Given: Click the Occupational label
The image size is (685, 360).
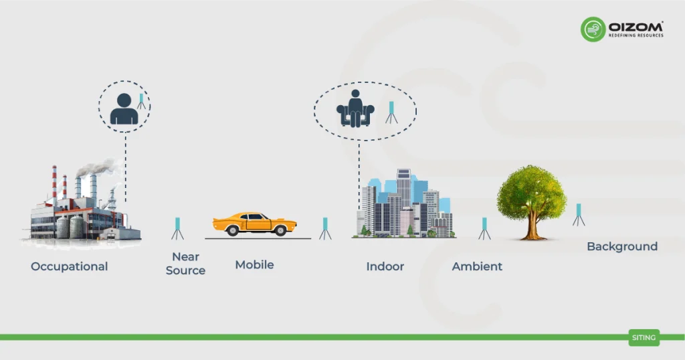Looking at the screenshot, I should click(x=69, y=266).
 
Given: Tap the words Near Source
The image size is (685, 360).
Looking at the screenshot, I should click(x=185, y=264).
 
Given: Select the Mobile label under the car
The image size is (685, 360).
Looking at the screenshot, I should click(x=254, y=265).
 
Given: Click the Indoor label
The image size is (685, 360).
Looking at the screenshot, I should click(x=385, y=266).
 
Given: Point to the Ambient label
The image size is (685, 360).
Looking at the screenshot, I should click(x=477, y=266).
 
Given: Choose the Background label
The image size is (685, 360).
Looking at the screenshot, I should click(x=622, y=246).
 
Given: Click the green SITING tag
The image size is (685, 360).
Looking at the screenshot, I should click(x=644, y=338).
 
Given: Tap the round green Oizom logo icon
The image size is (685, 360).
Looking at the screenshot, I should click(x=593, y=29).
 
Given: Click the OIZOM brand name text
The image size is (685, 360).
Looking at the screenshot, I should click(x=635, y=25).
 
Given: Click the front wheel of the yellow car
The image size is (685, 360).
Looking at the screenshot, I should click(x=280, y=230).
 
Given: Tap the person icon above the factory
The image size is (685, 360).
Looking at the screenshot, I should click(x=124, y=109).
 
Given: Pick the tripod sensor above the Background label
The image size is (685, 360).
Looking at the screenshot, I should click(x=579, y=214).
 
